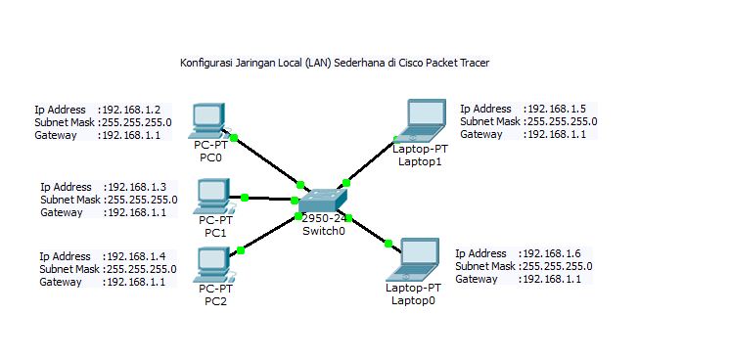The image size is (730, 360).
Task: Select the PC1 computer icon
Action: click(x=212, y=195)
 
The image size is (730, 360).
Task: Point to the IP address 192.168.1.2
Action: click(x=132, y=108)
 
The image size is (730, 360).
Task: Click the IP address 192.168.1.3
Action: click(x=138, y=186)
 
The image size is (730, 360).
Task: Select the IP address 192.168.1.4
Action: click(x=137, y=255)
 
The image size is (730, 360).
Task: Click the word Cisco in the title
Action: click(x=400, y=63)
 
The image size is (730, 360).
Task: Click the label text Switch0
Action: click(x=323, y=229)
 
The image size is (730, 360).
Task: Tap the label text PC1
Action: click(x=215, y=233)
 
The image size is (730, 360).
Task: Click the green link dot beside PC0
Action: click(x=235, y=137)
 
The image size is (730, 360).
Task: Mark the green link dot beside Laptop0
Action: click(x=388, y=244)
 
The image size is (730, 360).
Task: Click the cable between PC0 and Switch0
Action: click(x=266, y=158)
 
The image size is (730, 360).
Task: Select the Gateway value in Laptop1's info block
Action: click(x=556, y=135)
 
